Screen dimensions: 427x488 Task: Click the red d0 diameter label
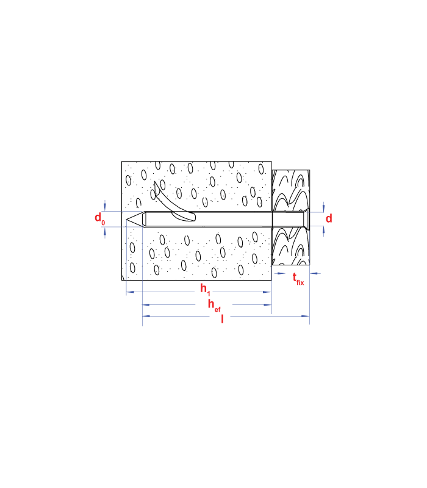[x=99, y=218]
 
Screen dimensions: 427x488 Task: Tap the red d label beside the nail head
[x=329, y=218]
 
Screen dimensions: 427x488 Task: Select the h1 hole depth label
[x=205, y=289]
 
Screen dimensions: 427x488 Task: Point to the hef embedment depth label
[x=214, y=306]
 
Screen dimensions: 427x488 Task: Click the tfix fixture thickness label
[x=298, y=279]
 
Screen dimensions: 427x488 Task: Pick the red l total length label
[x=222, y=319]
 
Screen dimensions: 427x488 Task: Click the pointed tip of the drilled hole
[x=126, y=220]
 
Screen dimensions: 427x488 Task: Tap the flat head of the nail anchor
[x=308, y=220]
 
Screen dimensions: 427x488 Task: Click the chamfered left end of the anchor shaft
[x=144, y=220]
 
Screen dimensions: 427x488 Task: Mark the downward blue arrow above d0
[x=105, y=206]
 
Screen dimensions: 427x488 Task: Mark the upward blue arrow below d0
[x=105, y=232]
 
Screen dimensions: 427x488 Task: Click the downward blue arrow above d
[x=324, y=207]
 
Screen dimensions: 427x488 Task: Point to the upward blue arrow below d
[x=324, y=231]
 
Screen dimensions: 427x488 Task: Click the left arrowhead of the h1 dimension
[x=131, y=292]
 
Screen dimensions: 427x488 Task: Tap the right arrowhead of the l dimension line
[x=306, y=316]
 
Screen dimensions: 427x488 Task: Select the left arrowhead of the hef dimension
[x=146, y=304]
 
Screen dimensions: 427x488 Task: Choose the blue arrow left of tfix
[x=280, y=273]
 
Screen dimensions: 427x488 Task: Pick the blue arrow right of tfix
[x=315, y=273]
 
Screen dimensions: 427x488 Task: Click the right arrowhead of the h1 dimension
[x=267, y=292]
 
